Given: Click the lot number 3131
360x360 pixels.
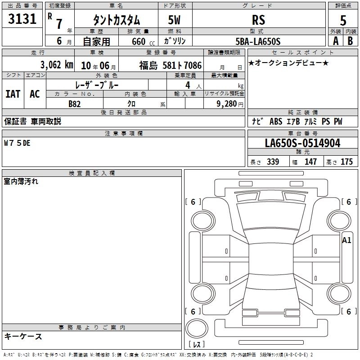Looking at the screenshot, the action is tap(22, 18).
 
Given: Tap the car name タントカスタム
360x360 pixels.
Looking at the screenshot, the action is tap(117, 20).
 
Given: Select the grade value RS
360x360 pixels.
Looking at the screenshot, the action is tap(258, 20).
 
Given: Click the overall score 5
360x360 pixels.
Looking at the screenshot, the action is tap(343, 20).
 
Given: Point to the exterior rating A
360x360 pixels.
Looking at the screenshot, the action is tap(336, 41).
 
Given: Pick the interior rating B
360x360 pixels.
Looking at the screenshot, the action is tap(350, 41).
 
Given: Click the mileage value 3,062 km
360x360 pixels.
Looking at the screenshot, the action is tap(57, 65).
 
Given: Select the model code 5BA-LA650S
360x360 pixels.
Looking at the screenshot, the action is tap(258, 41).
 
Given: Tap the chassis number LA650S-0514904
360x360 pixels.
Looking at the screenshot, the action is tap(302, 143).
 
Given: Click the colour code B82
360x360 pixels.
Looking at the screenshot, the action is tap(75, 104).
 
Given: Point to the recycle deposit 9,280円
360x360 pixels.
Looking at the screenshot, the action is tap(230, 104).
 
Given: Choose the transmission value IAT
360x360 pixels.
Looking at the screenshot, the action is tap(13, 94).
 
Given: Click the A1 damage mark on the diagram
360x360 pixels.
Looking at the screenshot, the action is tap(346, 240).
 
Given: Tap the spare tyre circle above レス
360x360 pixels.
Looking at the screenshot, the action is tap(197, 328).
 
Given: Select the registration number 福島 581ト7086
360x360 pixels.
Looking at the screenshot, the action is tap(171, 65).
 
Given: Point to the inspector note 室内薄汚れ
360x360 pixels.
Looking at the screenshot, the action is tap(21, 181).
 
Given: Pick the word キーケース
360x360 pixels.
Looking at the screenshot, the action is tap(23, 336).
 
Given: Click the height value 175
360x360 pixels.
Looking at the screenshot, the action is tap(346, 162).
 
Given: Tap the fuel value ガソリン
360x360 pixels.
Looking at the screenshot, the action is tap(175, 41).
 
